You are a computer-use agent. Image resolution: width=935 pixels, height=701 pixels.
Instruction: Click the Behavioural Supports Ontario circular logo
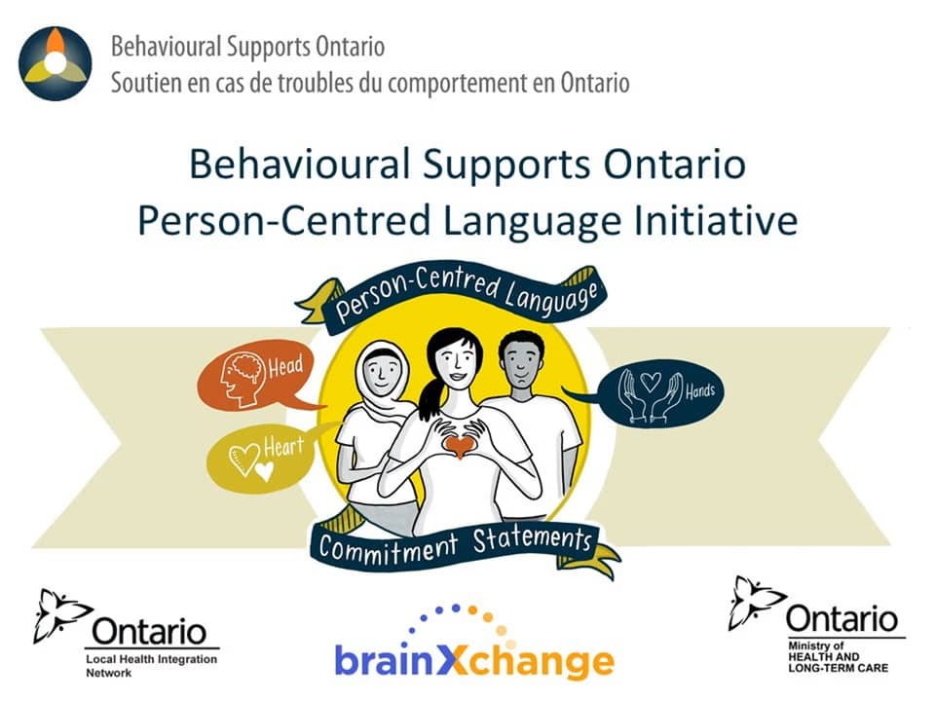56,64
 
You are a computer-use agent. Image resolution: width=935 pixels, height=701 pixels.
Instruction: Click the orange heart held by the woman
457,445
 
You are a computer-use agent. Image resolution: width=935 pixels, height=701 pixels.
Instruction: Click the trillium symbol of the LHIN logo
58,616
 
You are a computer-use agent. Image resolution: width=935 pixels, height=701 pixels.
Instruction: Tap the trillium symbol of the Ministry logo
756,604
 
